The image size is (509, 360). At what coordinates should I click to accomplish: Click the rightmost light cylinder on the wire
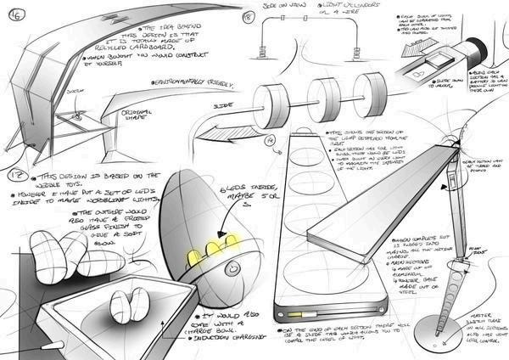click(x=371, y=90)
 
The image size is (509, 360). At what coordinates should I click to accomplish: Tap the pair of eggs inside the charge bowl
click(x=127, y=304)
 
